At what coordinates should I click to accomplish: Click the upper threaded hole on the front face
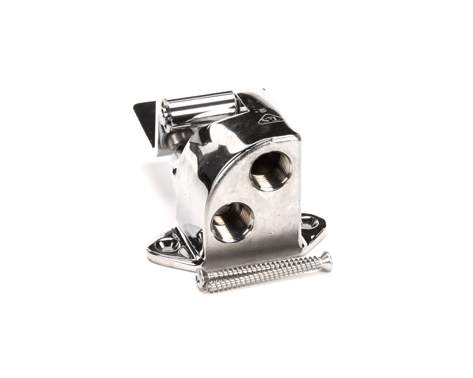(x=271, y=170)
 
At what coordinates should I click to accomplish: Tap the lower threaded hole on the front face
(x=232, y=222)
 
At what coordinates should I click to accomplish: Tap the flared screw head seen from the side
(x=326, y=261)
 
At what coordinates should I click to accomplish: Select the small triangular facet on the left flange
(x=185, y=252)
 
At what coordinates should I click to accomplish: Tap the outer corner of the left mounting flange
(x=150, y=252)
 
